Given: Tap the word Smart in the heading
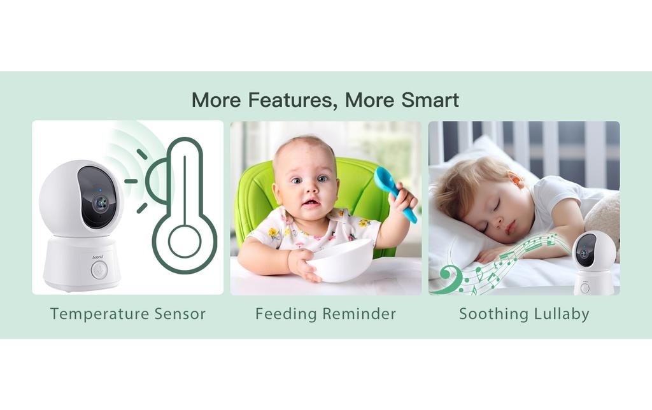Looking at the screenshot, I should tap(430, 100).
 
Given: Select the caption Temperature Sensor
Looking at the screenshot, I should tap(128, 314).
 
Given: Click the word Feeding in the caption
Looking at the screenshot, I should tap(286, 314).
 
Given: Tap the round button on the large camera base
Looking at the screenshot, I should tap(99, 269).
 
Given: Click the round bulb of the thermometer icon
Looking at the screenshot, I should tap(184, 242).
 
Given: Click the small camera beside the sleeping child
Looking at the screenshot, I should tap(593, 261).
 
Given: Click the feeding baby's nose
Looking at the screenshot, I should tap(309, 189).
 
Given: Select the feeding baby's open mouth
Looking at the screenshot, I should tap(311, 204).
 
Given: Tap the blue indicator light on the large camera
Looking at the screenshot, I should tap(101, 190).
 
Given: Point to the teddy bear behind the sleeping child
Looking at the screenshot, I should tap(605, 216).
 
